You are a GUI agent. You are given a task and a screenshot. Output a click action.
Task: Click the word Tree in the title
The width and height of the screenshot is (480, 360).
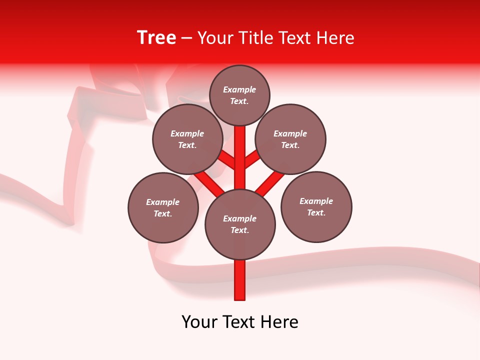(156, 38)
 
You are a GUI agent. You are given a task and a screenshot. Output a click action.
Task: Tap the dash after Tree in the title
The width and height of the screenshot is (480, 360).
(186, 38)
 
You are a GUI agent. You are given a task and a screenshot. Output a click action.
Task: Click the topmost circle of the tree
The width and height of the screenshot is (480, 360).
(239, 95)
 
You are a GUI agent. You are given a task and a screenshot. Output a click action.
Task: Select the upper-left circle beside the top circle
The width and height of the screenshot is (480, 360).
(187, 139)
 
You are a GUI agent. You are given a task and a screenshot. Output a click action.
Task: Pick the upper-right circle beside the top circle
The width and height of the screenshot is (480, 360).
(290, 139)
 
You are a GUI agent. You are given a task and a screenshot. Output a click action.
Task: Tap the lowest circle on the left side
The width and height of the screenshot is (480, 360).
(163, 207)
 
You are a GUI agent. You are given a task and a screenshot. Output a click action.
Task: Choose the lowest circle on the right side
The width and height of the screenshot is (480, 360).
(316, 206)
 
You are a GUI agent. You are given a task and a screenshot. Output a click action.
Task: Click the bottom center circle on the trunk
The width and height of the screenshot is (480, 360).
(240, 224)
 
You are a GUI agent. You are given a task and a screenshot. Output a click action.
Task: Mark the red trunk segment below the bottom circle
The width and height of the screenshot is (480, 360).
(240, 280)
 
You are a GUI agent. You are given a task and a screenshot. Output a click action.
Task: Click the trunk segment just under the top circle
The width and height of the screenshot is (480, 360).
(240, 150)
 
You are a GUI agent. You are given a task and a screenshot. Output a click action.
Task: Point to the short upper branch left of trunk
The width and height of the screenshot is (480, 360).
(227, 160)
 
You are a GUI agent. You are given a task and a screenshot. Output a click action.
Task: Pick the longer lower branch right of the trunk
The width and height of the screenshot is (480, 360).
(270, 183)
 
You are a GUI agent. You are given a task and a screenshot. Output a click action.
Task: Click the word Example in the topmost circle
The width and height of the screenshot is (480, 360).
(239, 90)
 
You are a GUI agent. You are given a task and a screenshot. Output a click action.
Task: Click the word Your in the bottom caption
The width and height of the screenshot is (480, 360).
(199, 322)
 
